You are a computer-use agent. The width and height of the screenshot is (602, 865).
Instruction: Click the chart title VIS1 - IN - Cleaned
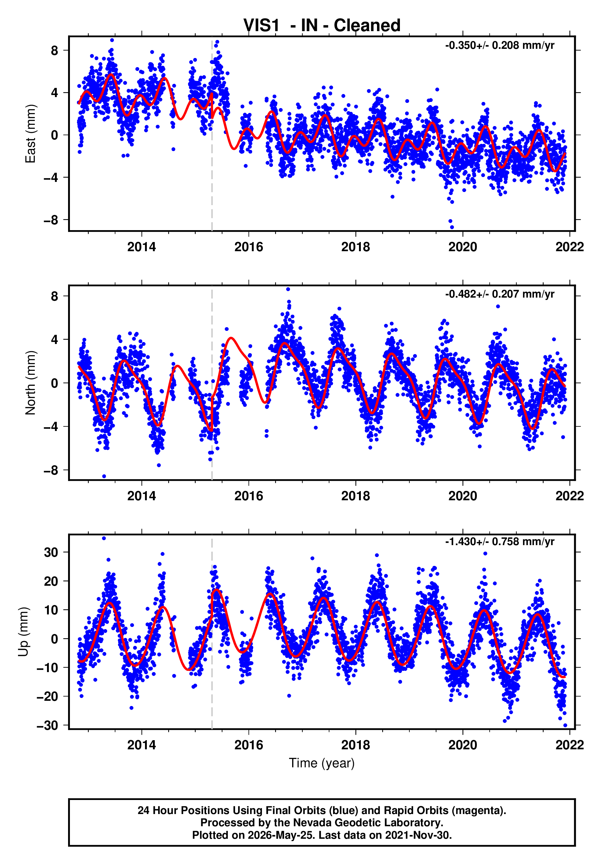tap(322, 26)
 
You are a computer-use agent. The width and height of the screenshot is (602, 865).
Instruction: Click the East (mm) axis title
tap(30, 134)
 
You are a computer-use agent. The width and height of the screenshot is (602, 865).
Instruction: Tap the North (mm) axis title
tap(30, 383)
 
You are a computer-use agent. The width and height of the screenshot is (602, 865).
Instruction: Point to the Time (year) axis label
tap(322, 763)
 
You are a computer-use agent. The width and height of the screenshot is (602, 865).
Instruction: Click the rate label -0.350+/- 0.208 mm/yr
tap(499, 45)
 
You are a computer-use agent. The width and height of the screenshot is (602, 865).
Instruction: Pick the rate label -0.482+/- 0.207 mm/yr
tap(499, 294)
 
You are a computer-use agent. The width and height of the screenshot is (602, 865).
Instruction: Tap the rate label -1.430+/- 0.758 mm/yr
tap(499, 541)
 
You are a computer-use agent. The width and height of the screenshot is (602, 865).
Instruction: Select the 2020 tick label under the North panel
tap(462, 496)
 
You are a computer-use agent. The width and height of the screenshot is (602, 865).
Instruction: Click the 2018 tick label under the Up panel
tap(356, 745)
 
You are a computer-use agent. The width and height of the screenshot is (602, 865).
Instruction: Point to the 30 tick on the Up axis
tap(51, 552)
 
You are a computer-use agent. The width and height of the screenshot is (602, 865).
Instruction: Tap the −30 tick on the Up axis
tap(47, 725)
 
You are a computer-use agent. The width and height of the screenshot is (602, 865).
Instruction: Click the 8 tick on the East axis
tap(55, 50)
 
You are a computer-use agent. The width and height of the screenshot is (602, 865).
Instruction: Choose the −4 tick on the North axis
tap(51, 426)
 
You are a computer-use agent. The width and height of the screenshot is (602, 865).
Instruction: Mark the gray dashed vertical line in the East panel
tap(212, 134)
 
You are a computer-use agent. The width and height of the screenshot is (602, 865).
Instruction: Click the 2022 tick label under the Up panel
tap(570, 745)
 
